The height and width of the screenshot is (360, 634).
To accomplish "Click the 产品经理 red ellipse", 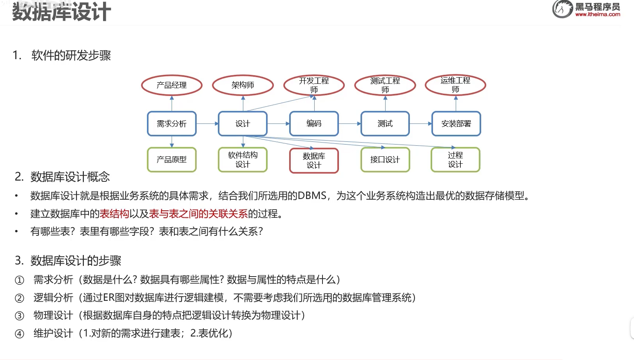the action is pos(172,85).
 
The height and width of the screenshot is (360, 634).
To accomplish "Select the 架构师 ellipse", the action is pos(243,85).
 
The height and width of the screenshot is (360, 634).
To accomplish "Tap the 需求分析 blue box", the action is pos(172,124).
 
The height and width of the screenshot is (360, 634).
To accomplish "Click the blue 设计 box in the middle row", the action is pos(243,124).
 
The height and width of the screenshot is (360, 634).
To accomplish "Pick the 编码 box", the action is pos(314,124).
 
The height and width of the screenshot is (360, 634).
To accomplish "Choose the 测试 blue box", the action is pos(385,124).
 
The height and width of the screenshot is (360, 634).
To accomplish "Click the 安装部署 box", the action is pos(456,124).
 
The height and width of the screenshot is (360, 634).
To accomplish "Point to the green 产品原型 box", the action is pos(172,160).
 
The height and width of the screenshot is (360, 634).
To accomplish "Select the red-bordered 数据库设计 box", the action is pos(314,160).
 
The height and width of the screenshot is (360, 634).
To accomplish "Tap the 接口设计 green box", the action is pos(385,160).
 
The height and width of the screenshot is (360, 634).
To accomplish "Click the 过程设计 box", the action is pos(455,160).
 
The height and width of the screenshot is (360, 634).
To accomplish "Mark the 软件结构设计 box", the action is pos(243,160).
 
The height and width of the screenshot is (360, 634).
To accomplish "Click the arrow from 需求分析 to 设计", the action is pos(207,124).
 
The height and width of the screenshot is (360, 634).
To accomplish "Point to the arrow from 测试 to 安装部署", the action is pos(420,124).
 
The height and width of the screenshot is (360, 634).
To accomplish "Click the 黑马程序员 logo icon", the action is pos(562,9).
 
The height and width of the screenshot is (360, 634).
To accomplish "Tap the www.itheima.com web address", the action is pos(598,14).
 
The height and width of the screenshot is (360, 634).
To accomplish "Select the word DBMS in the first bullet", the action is pos(312,195).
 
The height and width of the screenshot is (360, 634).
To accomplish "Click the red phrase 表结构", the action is pos(114,213).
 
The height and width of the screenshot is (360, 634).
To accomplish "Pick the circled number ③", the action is pos(19,316).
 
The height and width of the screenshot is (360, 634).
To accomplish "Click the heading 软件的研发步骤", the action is pos(71,56).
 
